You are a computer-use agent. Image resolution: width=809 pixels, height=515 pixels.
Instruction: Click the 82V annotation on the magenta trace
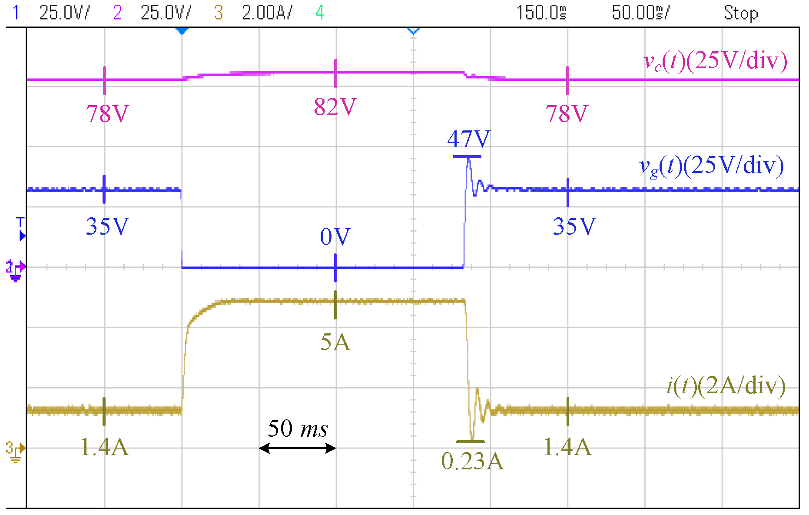[335, 107]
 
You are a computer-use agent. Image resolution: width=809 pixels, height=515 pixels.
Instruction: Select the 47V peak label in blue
[468, 139]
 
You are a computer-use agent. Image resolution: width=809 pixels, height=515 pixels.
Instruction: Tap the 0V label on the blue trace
[335, 237]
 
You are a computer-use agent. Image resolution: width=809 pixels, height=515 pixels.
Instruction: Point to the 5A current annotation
[335, 342]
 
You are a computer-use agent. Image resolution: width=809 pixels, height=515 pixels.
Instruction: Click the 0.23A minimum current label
[472, 462]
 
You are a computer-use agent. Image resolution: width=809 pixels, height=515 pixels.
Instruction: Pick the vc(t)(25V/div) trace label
[715, 61]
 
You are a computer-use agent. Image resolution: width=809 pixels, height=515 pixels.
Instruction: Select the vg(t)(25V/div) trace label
[711, 166]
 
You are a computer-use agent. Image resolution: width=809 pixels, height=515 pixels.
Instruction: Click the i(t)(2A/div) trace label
[726, 386]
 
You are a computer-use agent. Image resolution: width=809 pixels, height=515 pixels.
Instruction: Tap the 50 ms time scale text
[298, 429]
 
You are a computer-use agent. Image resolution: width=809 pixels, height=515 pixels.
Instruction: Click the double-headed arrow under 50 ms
[298, 448]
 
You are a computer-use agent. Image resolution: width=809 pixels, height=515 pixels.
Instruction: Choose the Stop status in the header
[741, 13]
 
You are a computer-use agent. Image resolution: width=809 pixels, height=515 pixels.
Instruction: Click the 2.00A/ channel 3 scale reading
[267, 13]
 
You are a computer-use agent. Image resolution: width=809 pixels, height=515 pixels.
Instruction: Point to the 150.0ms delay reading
[541, 13]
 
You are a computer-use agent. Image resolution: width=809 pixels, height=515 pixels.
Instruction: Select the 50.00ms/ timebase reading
[641, 13]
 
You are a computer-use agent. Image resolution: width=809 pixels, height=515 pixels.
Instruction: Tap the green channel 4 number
[320, 13]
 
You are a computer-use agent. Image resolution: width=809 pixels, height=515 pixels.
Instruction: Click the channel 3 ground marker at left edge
[15, 451]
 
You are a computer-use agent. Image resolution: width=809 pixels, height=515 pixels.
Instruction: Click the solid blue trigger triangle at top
[182, 31]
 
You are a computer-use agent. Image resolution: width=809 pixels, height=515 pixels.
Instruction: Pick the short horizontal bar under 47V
[467, 156]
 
